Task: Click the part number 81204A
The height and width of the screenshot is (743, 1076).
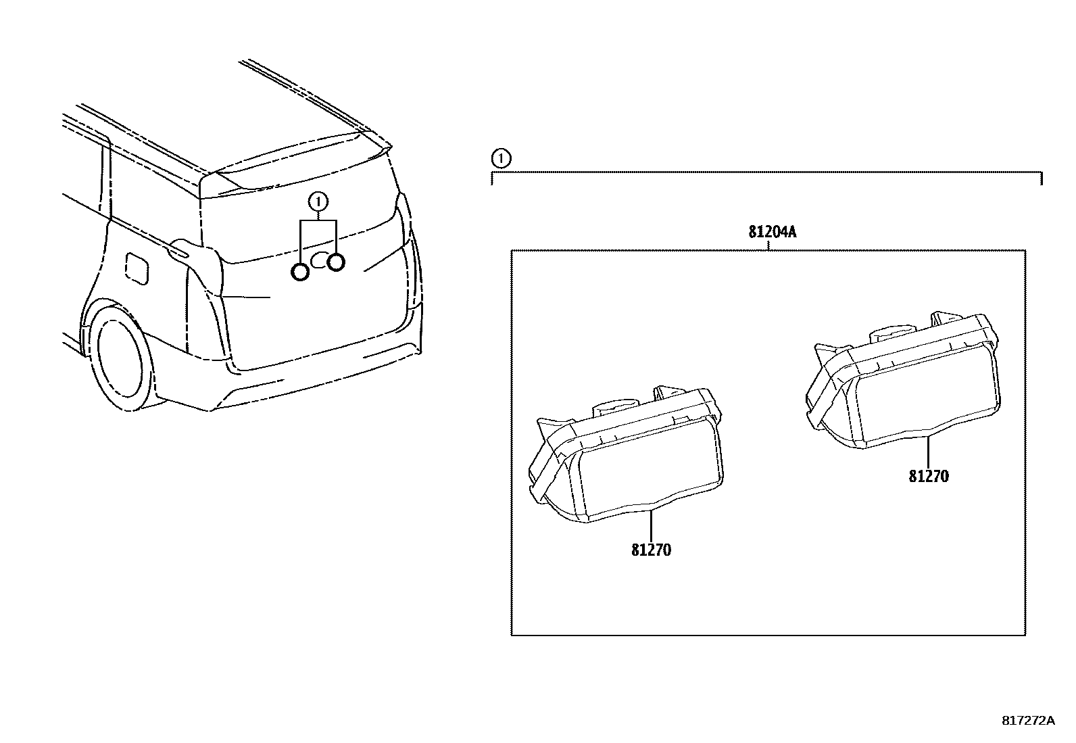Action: (772, 233)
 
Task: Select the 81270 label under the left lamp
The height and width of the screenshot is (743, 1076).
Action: (652, 550)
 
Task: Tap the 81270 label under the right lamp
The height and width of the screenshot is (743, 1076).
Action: (928, 477)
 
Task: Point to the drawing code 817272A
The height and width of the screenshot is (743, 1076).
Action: (1027, 721)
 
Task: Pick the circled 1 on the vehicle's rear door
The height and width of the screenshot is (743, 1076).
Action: (318, 201)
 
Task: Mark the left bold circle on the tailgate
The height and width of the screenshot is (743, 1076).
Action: (299, 271)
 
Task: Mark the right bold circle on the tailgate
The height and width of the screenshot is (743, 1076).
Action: (336, 262)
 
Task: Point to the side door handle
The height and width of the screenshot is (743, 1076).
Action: (181, 253)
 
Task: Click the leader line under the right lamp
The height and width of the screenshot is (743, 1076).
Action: (928, 452)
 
